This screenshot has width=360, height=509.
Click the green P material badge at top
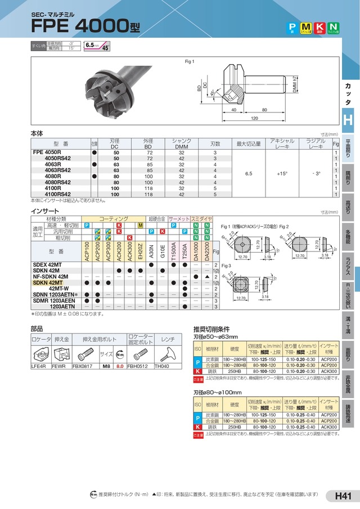pos(292,27)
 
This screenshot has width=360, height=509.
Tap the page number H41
pos(343,496)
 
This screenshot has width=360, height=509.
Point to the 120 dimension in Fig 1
pos(254,119)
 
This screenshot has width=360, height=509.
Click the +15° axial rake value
pos(282,174)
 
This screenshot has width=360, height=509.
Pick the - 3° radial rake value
pos(316,174)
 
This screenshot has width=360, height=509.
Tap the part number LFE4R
pos(38,366)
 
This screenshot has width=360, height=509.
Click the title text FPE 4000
pos(79,27)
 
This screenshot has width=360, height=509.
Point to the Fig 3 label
pos(226,265)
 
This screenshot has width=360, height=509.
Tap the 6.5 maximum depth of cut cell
pos(249,174)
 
